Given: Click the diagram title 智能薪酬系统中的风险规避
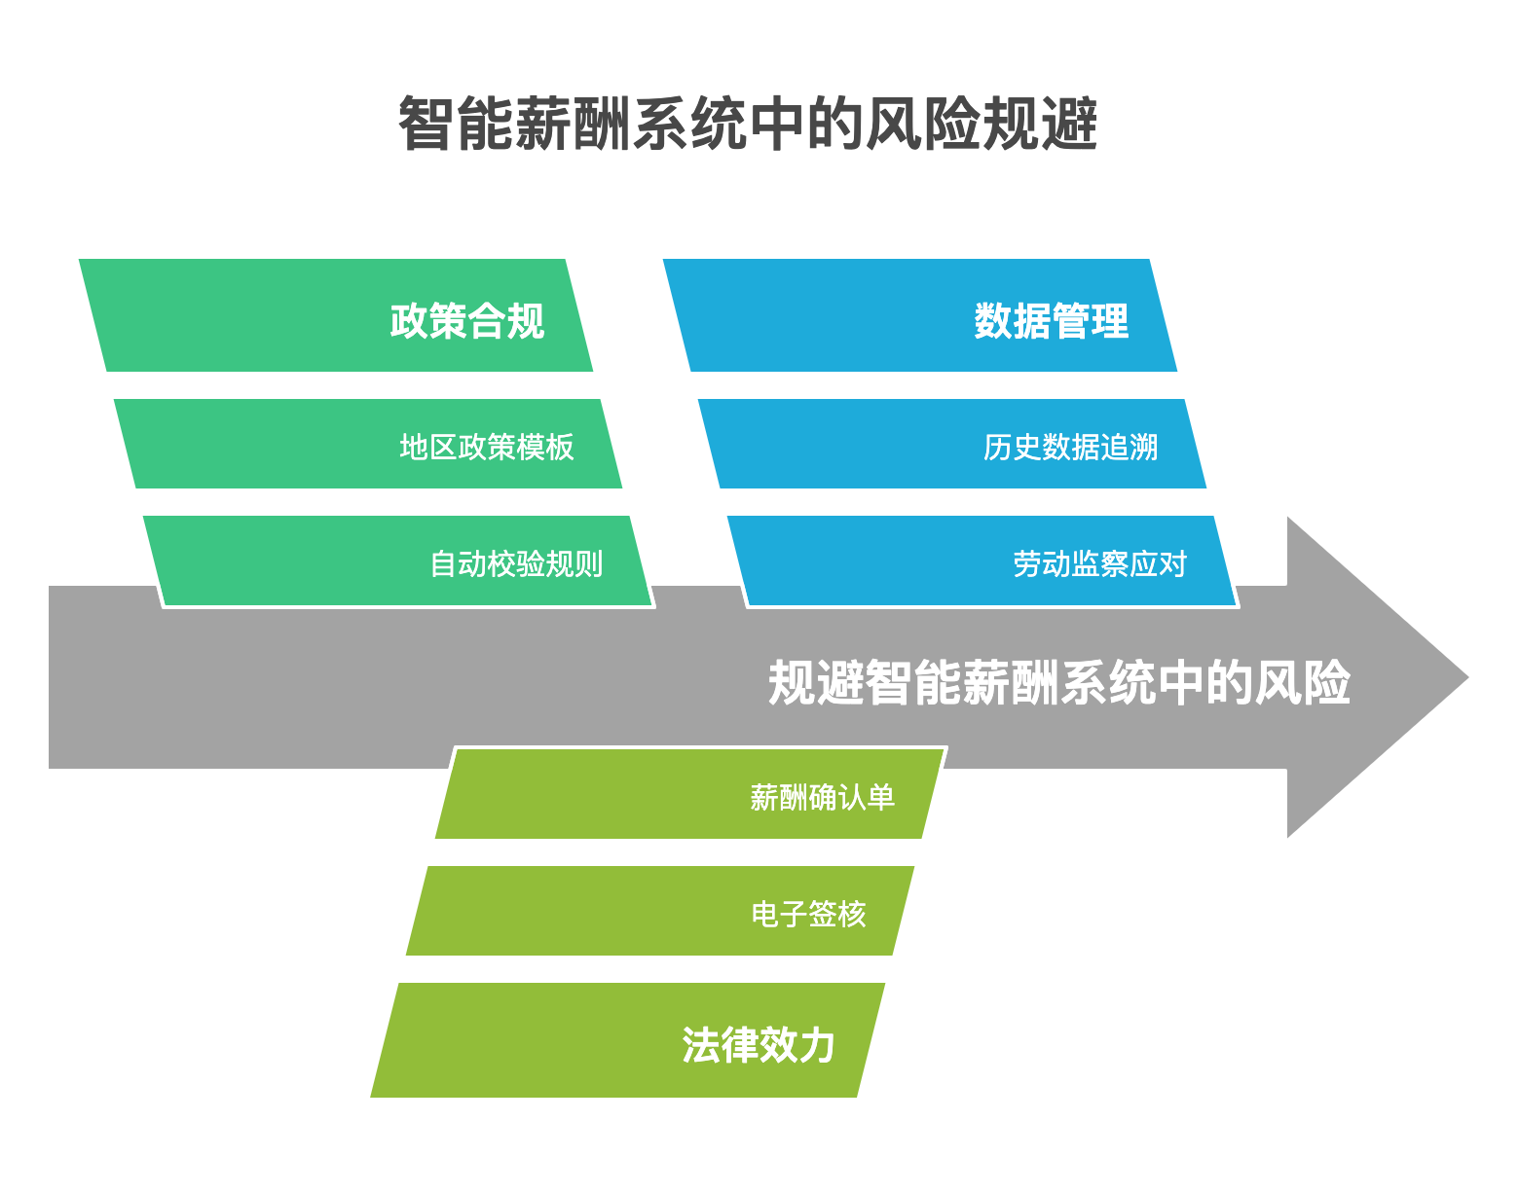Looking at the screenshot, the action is tap(747, 125).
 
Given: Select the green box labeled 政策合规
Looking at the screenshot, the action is tap(336, 315).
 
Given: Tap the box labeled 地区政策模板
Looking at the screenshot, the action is tap(368, 444).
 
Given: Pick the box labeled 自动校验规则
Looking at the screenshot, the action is tap(397, 560).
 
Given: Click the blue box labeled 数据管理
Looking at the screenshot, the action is tap(920, 315).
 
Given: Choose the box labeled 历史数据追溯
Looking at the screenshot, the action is tap(952, 444).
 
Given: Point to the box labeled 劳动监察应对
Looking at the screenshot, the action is tap(982, 560).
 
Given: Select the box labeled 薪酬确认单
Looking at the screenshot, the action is tap(690, 793).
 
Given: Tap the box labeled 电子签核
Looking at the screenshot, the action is tap(660, 911).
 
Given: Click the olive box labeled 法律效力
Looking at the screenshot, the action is tap(628, 1040).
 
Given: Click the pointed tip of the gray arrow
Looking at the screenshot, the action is tap(1468, 677).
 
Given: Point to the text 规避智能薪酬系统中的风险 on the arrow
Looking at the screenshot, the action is tap(1059, 682).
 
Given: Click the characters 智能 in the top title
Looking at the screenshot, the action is tap(456, 125).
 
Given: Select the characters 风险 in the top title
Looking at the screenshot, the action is tap(923, 125).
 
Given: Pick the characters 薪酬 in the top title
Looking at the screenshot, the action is tap(573, 125).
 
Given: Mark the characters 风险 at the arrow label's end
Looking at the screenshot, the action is tap(1302, 682).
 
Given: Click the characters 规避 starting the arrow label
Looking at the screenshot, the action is tap(817, 682).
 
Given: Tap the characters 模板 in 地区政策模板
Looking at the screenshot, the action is tap(545, 447).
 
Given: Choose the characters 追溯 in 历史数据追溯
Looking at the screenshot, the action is tap(1130, 447).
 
